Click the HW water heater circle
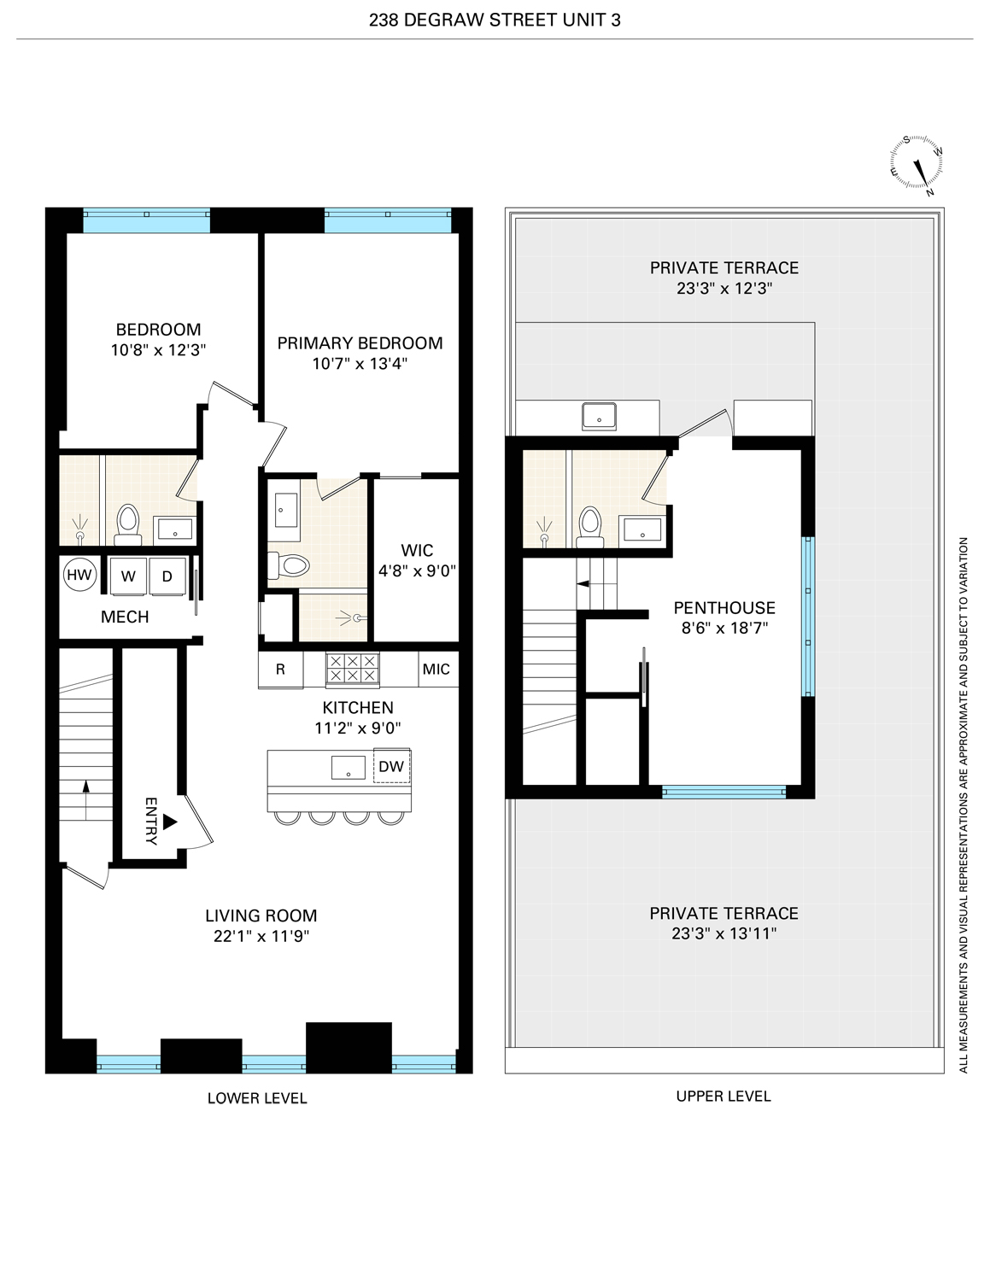[x=79, y=575]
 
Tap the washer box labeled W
[x=128, y=576]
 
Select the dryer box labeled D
[x=167, y=576]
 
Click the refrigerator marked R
[x=280, y=670]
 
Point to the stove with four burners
[x=353, y=669]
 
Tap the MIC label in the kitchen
[x=436, y=670]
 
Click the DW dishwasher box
[x=391, y=766]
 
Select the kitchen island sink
[x=349, y=767]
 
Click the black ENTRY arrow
[x=169, y=822]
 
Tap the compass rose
[x=917, y=165]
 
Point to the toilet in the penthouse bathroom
[x=589, y=524]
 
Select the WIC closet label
[x=417, y=551]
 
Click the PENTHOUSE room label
[x=724, y=608]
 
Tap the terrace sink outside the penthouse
[x=600, y=417]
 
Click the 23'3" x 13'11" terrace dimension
[x=723, y=934]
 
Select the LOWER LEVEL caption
[x=257, y=1098]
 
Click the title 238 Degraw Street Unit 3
[x=495, y=20]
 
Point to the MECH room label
[x=125, y=617]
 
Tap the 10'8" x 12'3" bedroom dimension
[x=158, y=350]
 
